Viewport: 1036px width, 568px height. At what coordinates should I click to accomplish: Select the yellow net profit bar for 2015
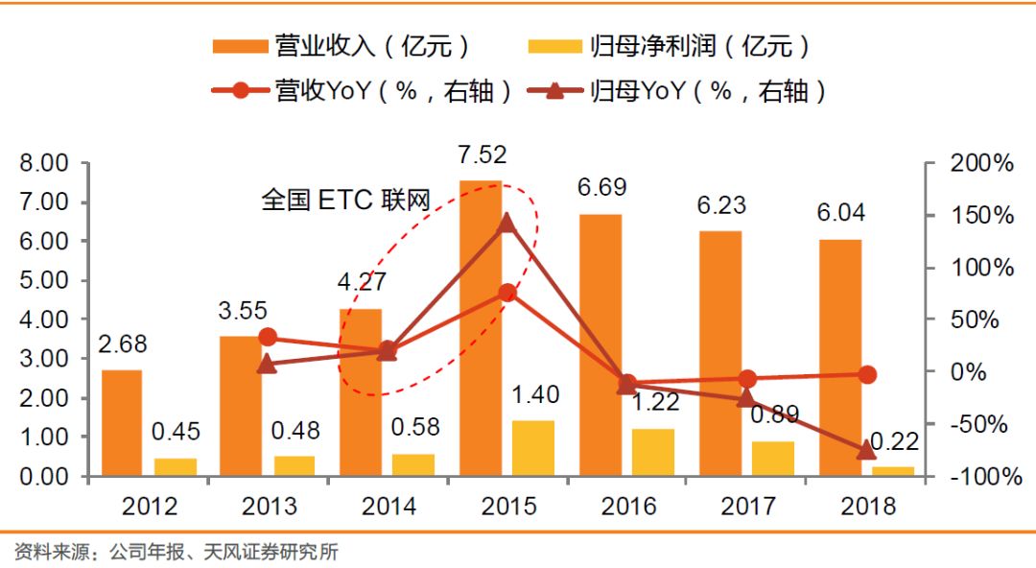pos(533,448)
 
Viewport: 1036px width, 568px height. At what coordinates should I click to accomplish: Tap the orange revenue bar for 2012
pos(122,422)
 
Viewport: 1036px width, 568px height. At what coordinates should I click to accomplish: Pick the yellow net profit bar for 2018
pos(893,470)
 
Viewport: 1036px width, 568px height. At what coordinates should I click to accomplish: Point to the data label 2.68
pos(122,344)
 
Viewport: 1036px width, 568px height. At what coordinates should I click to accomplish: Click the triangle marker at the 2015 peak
pos(507,224)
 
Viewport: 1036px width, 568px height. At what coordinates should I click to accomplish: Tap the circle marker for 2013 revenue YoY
pos(269,337)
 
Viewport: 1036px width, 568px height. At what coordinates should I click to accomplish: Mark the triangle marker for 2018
pos(866,449)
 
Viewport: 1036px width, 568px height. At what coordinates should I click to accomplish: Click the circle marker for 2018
pos(866,374)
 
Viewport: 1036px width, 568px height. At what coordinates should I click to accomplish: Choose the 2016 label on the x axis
pos(627,506)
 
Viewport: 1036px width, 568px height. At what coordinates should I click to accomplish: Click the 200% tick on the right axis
pos(981,164)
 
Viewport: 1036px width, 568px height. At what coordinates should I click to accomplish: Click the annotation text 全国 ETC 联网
pos(346,199)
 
